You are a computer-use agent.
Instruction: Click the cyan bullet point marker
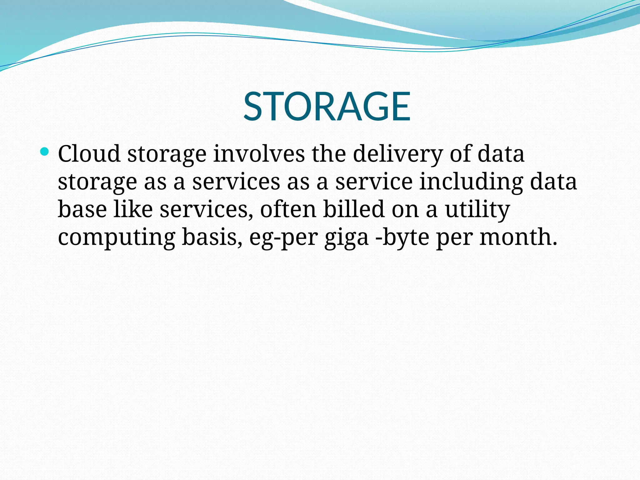tap(45, 152)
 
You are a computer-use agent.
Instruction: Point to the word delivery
tap(398, 154)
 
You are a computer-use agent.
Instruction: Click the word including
tap(471, 182)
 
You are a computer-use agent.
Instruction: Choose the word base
tap(82, 209)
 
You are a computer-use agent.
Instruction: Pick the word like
tap(133, 209)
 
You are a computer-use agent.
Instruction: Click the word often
tap(288, 209)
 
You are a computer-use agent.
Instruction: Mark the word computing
tap(117, 238)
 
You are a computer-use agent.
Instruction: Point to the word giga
tap(347, 238)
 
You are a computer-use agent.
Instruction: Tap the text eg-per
tap(283, 238)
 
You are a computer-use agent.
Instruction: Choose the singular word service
tap(374, 182)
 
